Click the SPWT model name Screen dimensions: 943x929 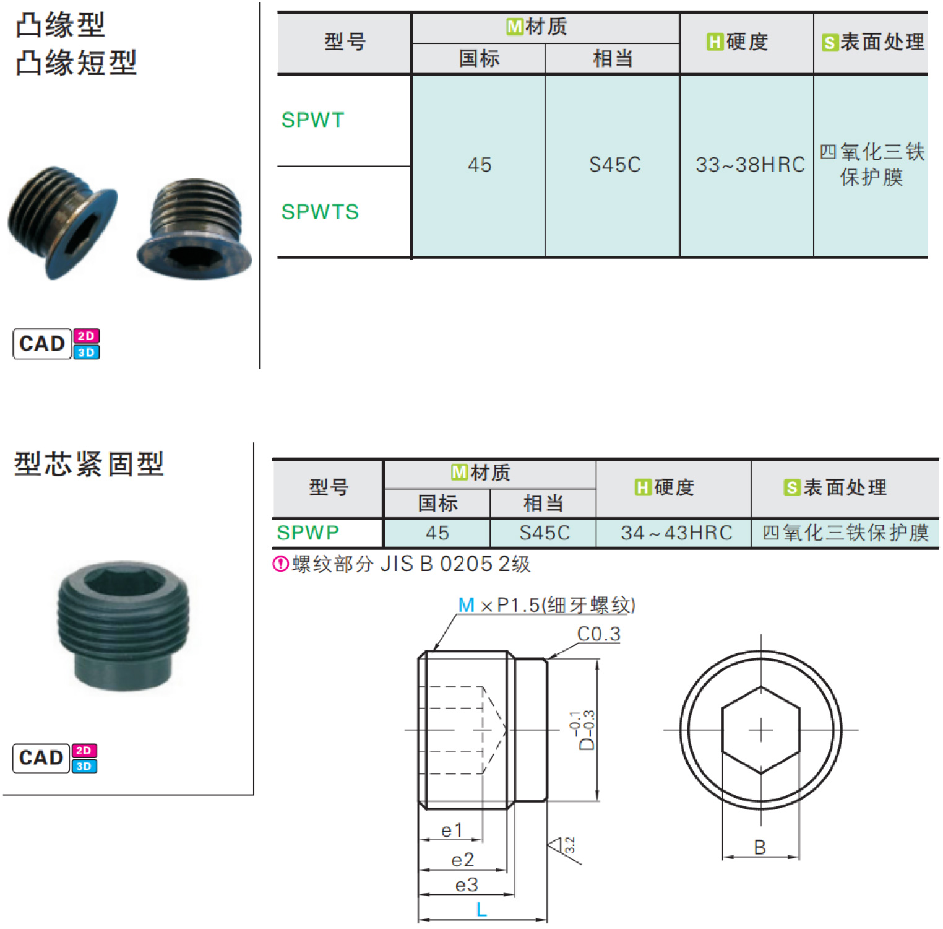click(x=312, y=120)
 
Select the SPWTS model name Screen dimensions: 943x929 click(x=320, y=212)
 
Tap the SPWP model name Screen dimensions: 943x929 click(x=308, y=533)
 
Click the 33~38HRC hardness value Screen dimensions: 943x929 click(x=750, y=165)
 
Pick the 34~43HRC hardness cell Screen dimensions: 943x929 click(x=676, y=533)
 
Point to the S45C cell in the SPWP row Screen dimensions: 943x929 click(x=545, y=533)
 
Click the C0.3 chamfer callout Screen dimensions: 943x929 click(x=598, y=634)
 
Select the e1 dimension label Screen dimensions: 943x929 click(x=451, y=830)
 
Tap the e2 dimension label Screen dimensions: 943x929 click(x=462, y=860)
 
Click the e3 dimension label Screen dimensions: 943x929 click(x=466, y=885)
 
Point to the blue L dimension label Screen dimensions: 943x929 click(x=481, y=910)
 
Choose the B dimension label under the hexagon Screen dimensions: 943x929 click(x=760, y=847)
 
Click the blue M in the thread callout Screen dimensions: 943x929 click(x=466, y=605)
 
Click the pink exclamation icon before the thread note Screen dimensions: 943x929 click(x=281, y=564)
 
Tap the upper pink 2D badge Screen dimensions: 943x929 click(x=86, y=336)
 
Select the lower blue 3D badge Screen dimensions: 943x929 click(x=84, y=766)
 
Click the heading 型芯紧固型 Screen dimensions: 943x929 click(x=89, y=464)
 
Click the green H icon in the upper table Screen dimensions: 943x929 click(x=715, y=42)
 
